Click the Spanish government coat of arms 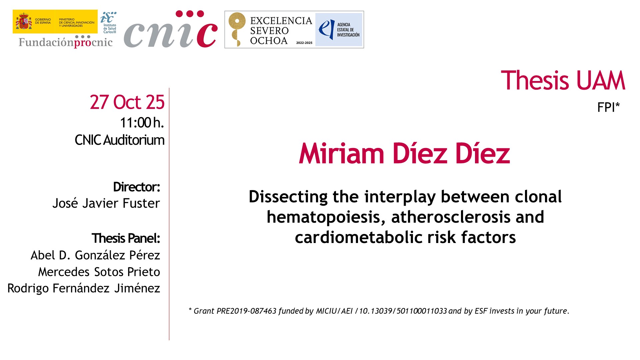pyautogui.click(x=24, y=21)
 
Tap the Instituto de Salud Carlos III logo pyautogui.click(x=109, y=22)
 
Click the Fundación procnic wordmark pyautogui.click(x=66, y=42)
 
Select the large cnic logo pyautogui.click(x=171, y=29)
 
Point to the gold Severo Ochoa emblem pyautogui.click(x=237, y=29)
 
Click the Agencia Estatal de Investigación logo pyautogui.click(x=339, y=30)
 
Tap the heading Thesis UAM pyautogui.click(x=563, y=80)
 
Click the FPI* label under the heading pyautogui.click(x=608, y=107)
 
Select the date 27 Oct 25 pyautogui.click(x=127, y=102)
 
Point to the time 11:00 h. pyautogui.click(x=142, y=123)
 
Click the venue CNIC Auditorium pyautogui.click(x=120, y=140)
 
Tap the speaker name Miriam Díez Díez pyautogui.click(x=404, y=153)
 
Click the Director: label pyautogui.click(x=137, y=187)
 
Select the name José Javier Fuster pyautogui.click(x=106, y=203)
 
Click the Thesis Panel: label pyautogui.click(x=126, y=238)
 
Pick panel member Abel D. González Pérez pyautogui.click(x=95, y=255)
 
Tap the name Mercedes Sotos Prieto pyautogui.click(x=99, y=272)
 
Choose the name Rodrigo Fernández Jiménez pyautogui.click(x=84, y=288)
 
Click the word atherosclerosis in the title pyautogui.click(x=451, y=217)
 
